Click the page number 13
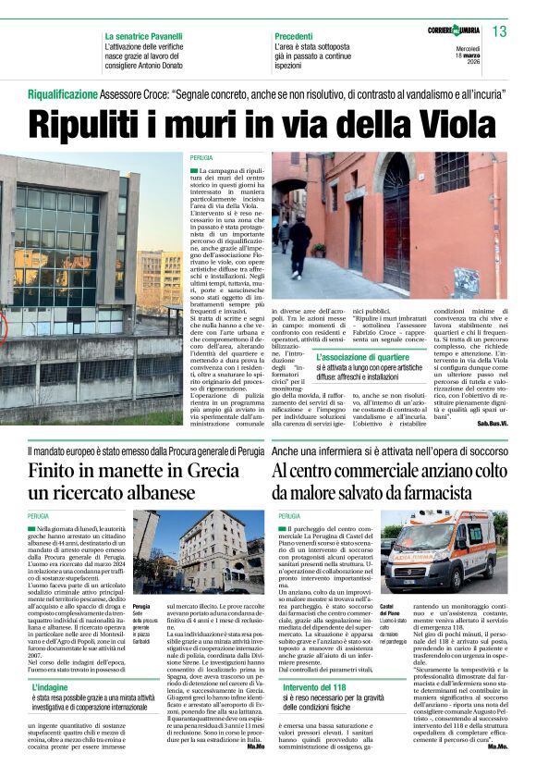coord(500,31)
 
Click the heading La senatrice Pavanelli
coord(150,35)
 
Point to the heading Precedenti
coord(299,35)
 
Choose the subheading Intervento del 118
coord(319,688)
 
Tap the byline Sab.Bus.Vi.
coord(493,423)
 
